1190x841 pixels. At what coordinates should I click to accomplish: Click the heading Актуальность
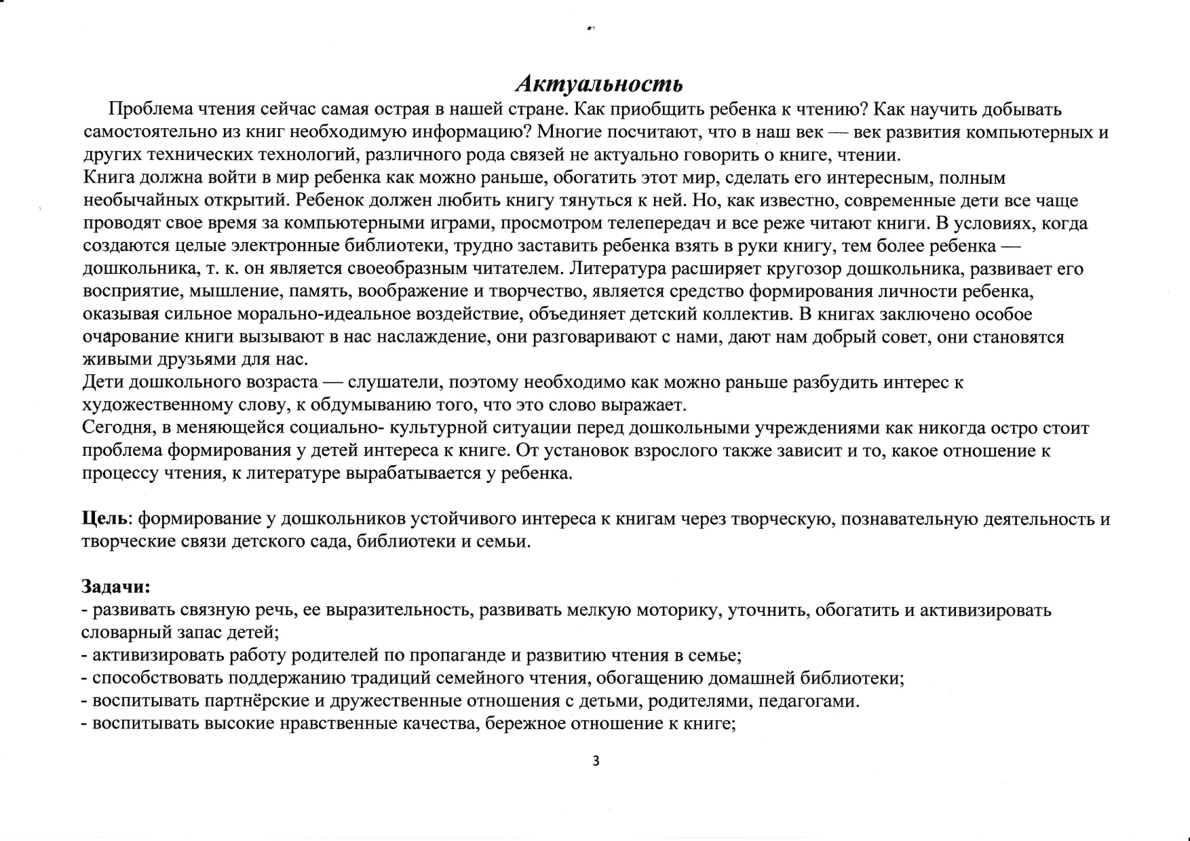[599, 84]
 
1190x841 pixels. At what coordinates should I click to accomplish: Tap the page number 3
[596, 761]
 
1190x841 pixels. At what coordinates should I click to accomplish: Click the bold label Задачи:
[115, 586]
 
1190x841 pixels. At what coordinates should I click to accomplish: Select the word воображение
[410, 292]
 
